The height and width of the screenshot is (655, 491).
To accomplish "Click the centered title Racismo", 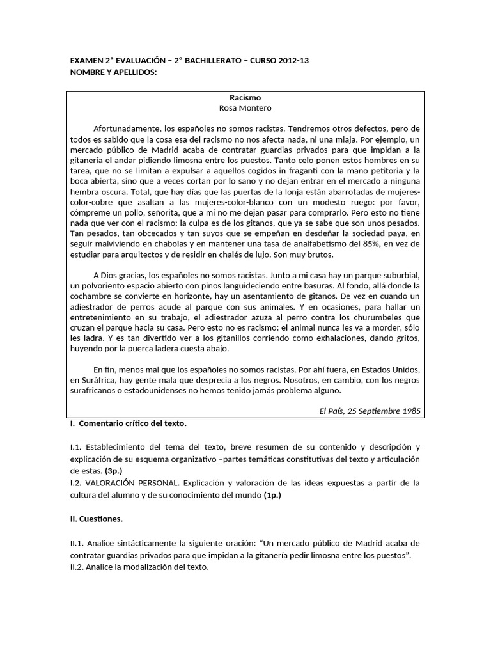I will [245, 98].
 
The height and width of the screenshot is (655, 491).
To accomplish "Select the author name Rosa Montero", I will [245, 109].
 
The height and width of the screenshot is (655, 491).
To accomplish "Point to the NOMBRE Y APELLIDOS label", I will [113, 72].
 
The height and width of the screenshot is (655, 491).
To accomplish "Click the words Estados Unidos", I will [391, 369].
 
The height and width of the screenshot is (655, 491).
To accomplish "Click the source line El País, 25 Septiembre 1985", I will [369, 411].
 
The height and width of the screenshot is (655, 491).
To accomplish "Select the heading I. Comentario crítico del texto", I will [129, 423].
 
